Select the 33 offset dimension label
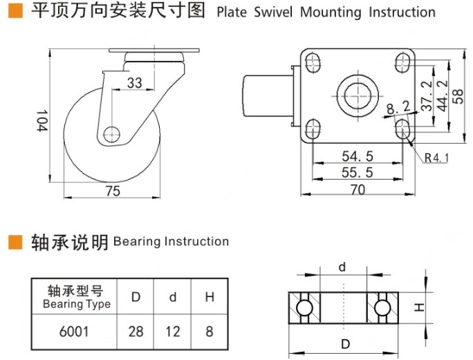coord(135,84)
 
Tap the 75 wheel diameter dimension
coord(113,191)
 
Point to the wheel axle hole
coord(112,133)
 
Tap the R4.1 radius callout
coord(436,158)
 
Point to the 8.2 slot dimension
coord(398,107)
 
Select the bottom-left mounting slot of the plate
coord(313,128)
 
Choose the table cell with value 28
coord(136,332)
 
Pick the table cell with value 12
coord(173,332)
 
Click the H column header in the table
coord(209,297)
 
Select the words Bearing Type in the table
coord(77,304)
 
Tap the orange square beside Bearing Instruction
coord(15,242)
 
